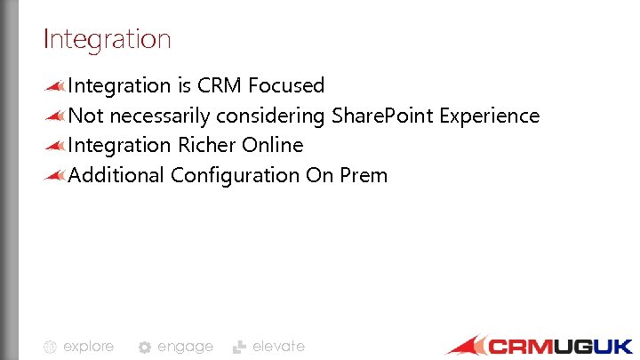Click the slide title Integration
107,39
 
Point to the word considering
270,116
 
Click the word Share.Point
374,116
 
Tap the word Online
272,145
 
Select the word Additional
116,175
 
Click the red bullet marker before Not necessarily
55,116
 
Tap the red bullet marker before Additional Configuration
55,174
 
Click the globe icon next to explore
51,348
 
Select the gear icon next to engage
145,348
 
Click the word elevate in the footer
278,347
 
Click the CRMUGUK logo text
560,347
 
